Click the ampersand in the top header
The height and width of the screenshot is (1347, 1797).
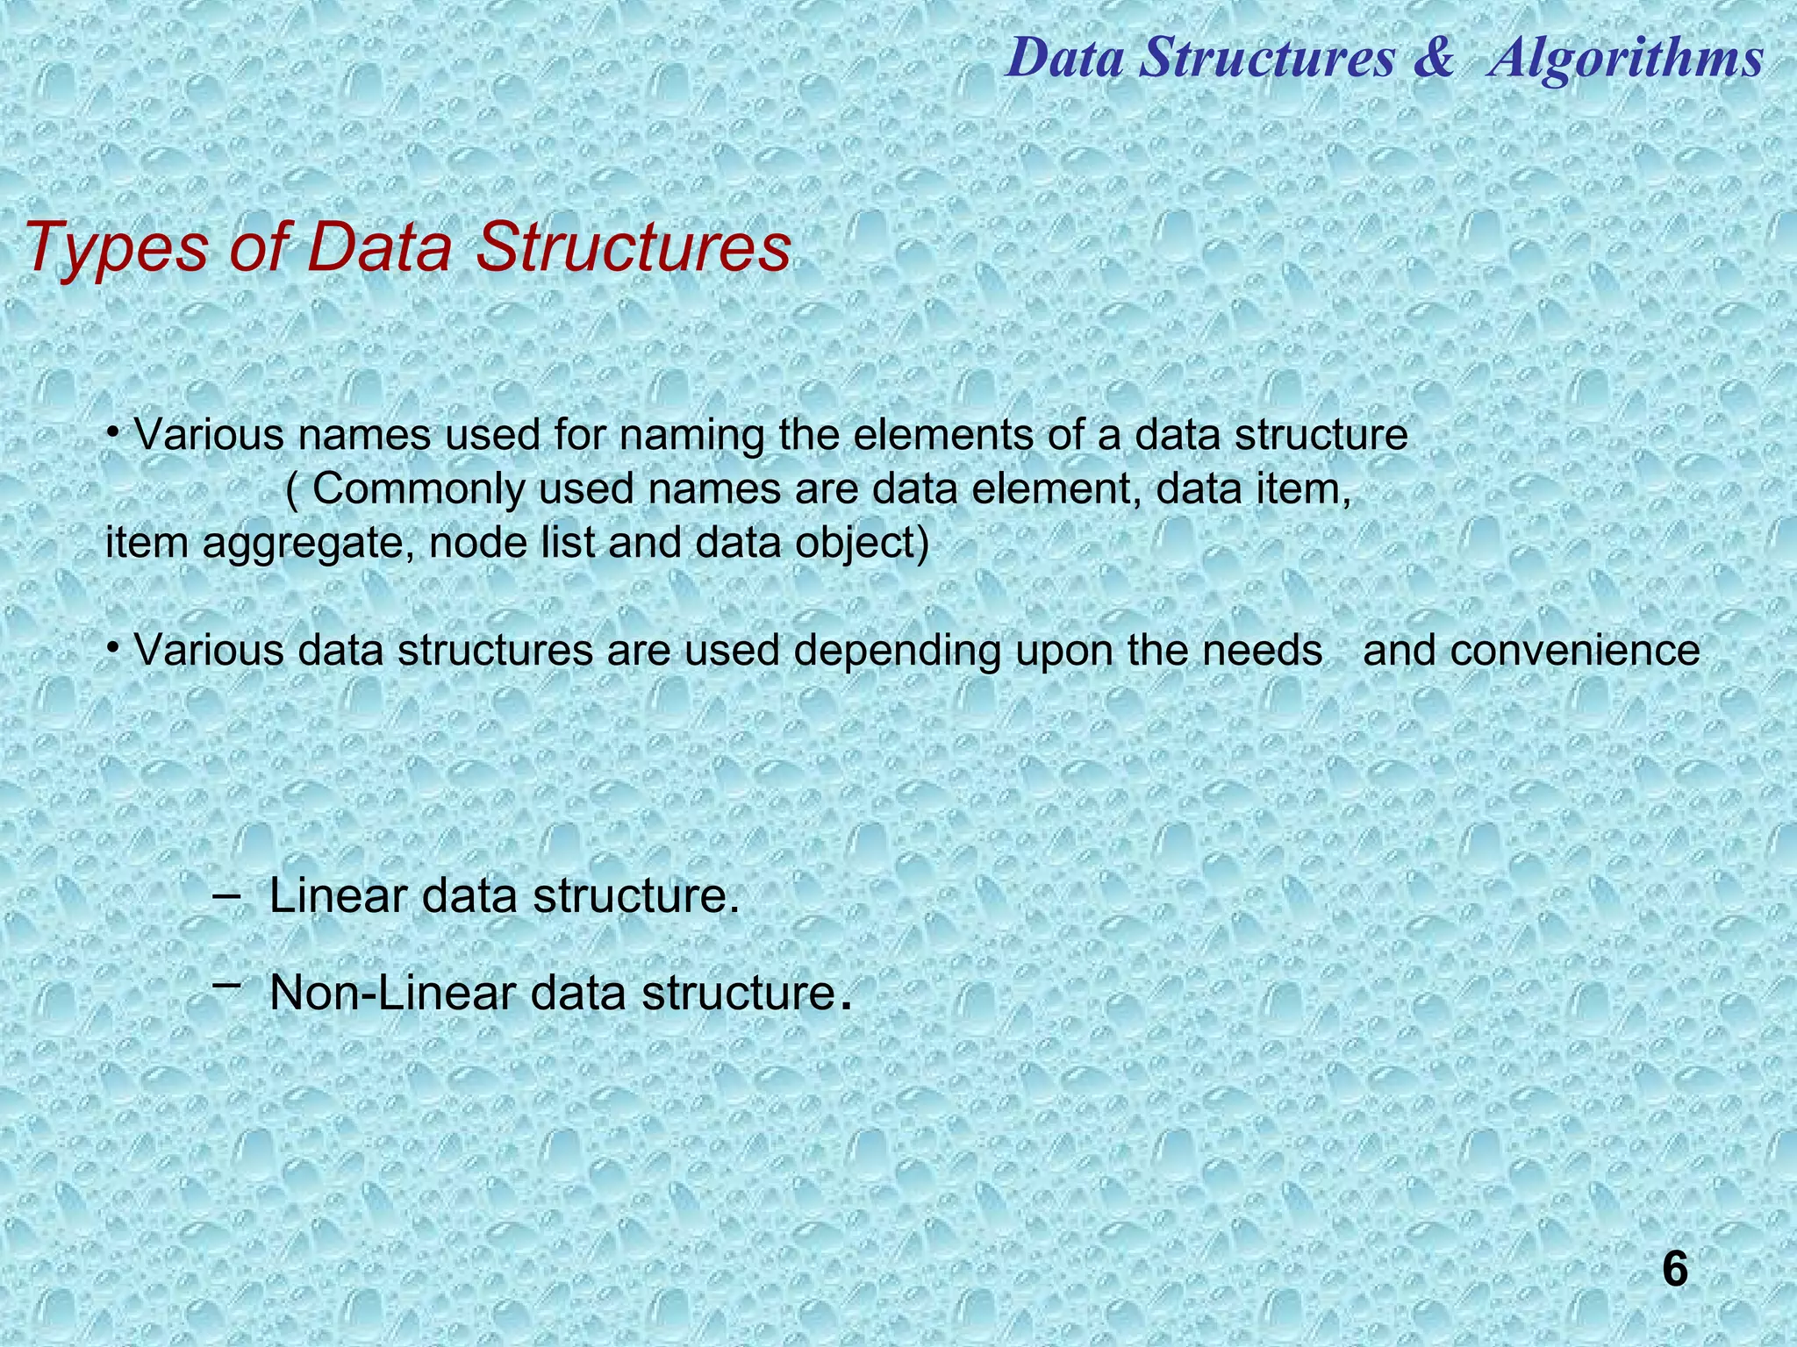[x=1433, y=60]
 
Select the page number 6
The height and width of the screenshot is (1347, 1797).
[x=1674, y=1269]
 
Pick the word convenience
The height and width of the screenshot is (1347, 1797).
[x=1531, y=652]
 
